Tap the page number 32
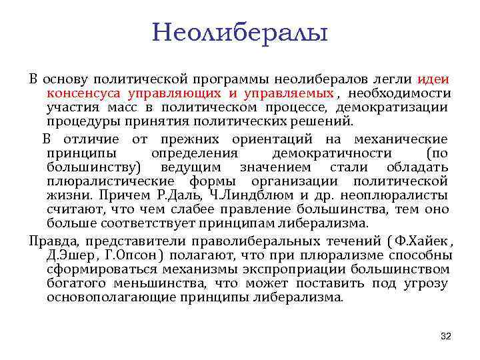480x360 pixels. pos(446,336)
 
